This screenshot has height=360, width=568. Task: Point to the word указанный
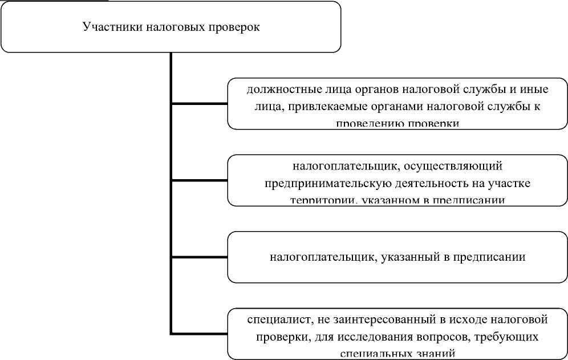click(x=404, y=257)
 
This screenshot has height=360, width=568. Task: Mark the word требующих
click(x=508, y=335)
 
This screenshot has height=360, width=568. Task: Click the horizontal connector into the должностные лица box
click(x=199, y=104)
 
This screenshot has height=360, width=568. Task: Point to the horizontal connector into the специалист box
click(x=199, y=333)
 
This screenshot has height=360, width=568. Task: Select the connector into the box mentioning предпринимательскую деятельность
click(x=199, y=181)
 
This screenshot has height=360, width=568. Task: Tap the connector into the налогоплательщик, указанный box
click(x=199, y=257)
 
